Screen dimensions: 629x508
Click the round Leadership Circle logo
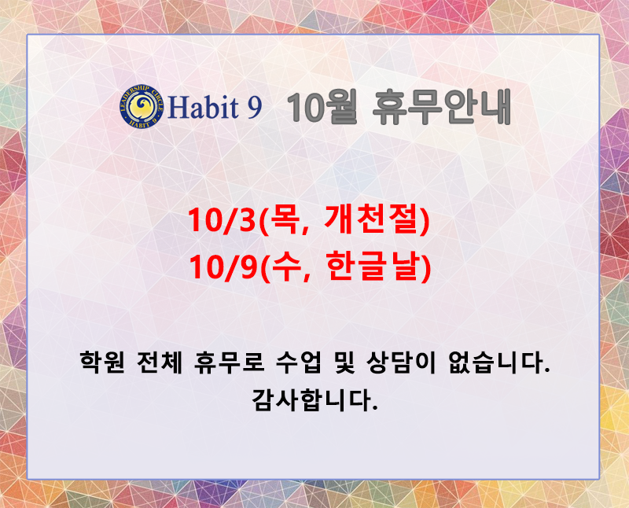(142, 106)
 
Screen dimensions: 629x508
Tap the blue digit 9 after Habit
(254, 108)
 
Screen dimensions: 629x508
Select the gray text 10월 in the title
(322, 107)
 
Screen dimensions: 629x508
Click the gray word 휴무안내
(442, 107)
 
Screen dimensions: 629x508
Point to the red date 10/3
(221, 220)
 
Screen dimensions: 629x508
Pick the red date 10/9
(223, 267)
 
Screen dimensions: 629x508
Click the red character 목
(283, 220)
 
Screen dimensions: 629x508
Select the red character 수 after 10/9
(285, 267)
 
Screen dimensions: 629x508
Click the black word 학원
(102, 363)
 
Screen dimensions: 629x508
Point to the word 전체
(160, 363)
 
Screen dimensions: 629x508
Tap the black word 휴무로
(229, 363)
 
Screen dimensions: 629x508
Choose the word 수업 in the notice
(299, 363)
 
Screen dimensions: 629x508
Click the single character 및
(344, 363)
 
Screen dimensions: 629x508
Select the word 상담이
(401, 363)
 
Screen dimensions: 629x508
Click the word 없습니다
(498, 363)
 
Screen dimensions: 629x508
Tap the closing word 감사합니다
(314, 399)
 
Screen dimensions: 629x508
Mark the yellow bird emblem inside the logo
(142, 105)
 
